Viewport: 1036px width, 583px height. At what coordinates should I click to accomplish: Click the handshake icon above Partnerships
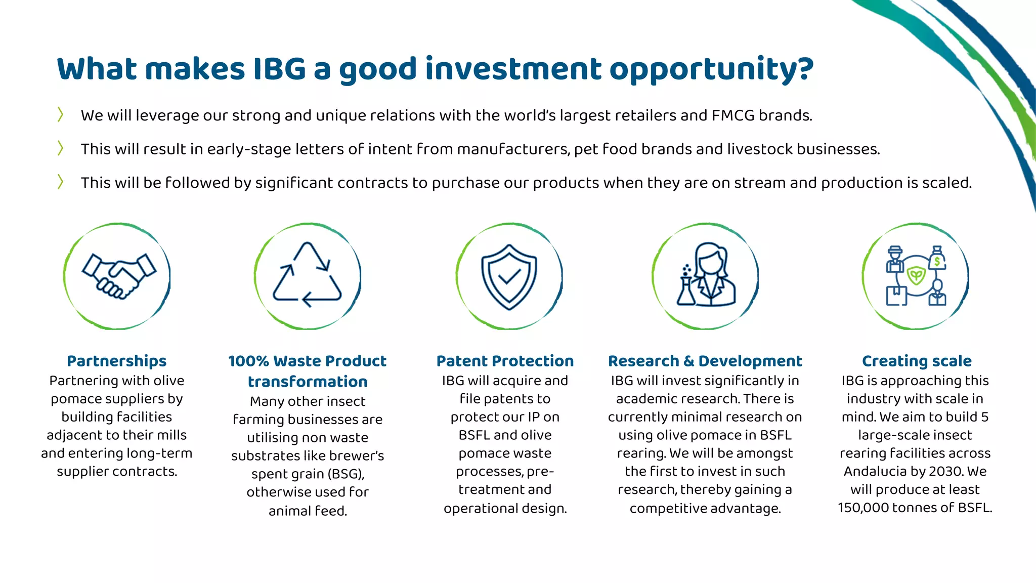coord(119,276)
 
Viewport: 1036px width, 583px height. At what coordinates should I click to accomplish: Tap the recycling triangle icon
coord(308,276)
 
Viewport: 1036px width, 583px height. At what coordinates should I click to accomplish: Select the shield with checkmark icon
coord(509,276)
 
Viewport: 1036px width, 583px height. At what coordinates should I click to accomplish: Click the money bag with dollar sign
coord(937,259)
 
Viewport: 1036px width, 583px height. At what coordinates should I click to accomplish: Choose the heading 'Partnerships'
coord(116,361)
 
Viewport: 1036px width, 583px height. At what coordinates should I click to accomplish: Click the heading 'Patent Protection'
coord(505,361)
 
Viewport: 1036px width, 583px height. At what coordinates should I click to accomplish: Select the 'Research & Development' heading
coord(705,361)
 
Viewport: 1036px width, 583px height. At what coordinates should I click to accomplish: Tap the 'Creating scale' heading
coord(917,361)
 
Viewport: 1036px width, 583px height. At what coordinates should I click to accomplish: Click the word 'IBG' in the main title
coord(279,69)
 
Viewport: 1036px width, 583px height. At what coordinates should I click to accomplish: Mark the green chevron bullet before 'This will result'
coord(60,148)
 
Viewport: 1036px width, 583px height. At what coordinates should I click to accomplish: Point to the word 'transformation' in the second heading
coord(308,382)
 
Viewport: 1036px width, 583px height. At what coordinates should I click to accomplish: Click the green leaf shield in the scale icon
coord(916,276)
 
